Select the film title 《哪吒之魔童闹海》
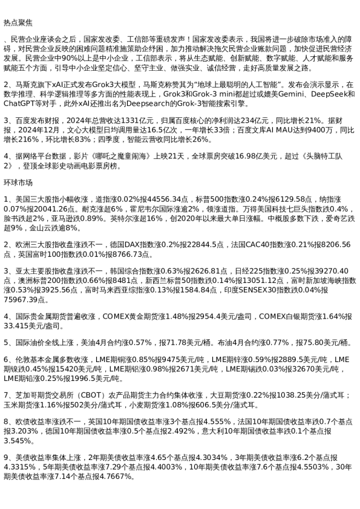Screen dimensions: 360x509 pos(123,156)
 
